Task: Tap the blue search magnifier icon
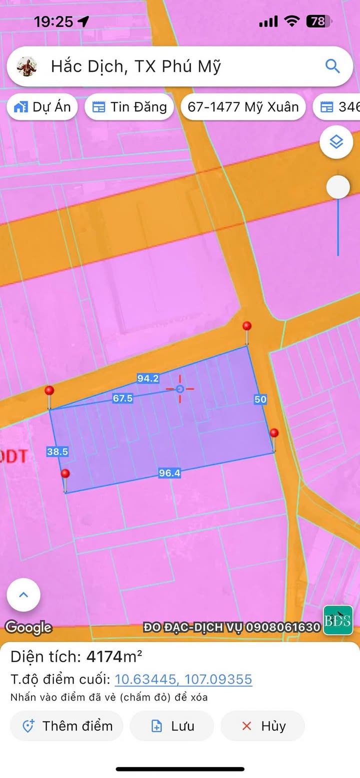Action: [x=332, y=66]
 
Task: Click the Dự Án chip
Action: [x=42, y=107]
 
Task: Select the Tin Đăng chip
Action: [x=129, y=107]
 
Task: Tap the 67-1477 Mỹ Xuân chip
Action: [x=243, y=107]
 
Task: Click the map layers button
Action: [x=336, y=142]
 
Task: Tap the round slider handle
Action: [x=338, y=187]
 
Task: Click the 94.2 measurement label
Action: [x=148, y=378]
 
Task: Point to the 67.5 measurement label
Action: [x=123, y=398]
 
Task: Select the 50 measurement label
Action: [x=260, y=399]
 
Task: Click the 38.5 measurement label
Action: [x=57, y=452]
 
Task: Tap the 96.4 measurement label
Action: [x=169, y=473]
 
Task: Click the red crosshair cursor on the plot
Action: [x=180, y=389]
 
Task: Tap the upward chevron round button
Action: [x=23, y=595]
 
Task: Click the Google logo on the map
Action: [x=28, y=627]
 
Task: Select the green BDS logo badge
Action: [x=338, y=620]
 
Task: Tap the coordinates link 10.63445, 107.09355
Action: [x=183, y=680]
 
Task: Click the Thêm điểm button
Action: [x=66, y=726]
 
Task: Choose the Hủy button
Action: [x=263, y=726]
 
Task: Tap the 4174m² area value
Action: [x=114, y=656]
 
